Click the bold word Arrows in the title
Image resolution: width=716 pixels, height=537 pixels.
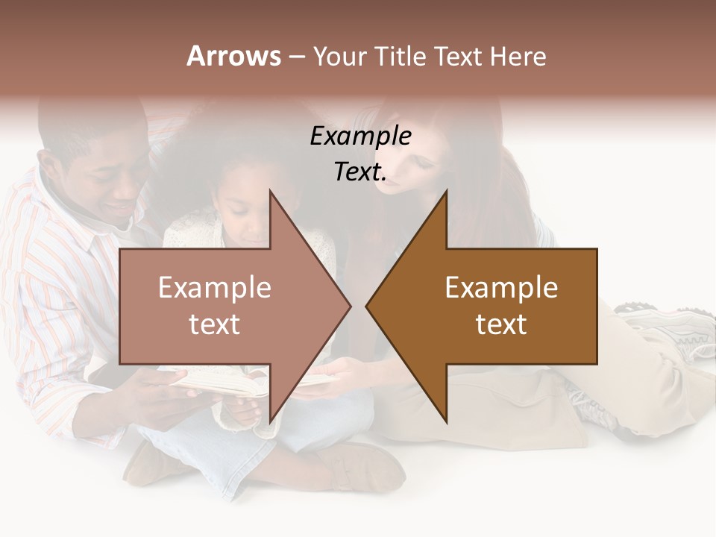coord(233,56)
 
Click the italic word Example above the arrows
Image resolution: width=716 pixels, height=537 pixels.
coord(360,136)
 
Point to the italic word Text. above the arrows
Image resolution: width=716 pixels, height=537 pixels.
coord(360,172)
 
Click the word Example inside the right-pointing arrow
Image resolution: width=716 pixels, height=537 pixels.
coord(215,288)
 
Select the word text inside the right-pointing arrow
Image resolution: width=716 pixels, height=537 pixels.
coord(215,324)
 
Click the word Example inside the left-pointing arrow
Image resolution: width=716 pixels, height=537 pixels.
coord(501,288)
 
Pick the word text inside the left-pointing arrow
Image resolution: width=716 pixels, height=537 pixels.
coord(501,324)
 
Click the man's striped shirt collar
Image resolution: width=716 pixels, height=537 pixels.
coord(82,224)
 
